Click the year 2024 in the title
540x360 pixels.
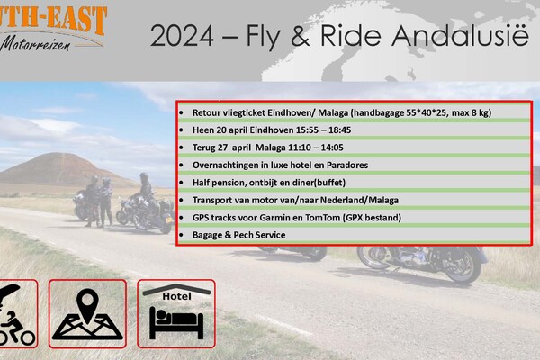pyautogui.click(x=182, y=35)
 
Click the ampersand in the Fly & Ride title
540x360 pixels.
pyautogui.click(x=301, y=35)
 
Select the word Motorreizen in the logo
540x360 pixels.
pyautogui.click(x=36, y=45)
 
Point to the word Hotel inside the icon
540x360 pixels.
pyautogui.click(x=176, y=296)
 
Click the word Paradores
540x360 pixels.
pyautogui.click(x=347, y=166)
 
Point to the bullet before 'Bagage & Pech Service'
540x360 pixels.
pyautogui.click(x=181, y=235)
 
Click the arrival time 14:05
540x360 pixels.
pyautogui.click(x=332, y=148)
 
